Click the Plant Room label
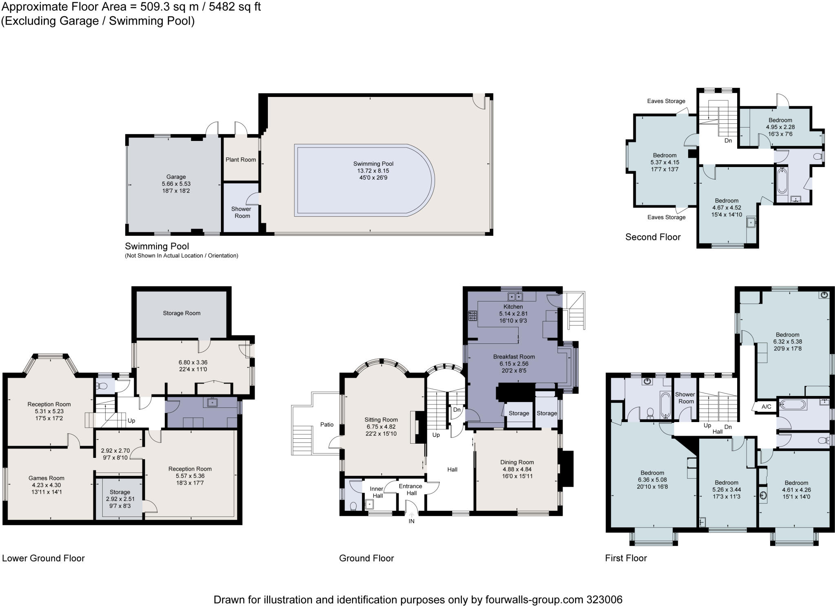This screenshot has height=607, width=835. (241, 160)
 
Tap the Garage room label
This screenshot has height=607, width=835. (176, 177)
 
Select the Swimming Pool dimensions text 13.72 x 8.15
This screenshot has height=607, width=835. (373, 171)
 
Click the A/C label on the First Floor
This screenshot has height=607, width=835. (766, 407)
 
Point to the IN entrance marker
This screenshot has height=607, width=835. (411, 521)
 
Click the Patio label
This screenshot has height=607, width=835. (327, 424)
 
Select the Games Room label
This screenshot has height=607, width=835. (46, 478)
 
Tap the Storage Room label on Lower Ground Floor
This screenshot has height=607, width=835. (181, 313)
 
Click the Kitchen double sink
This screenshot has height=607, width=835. (515, 296)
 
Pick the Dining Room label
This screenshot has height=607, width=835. (517, 462)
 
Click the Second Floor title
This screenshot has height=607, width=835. (653, 237)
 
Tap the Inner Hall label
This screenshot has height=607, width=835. (377, 492)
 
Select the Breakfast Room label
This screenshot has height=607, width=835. (514, 356)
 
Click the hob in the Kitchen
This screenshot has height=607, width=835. (473, 316)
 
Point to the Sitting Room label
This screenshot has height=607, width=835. (381, 420)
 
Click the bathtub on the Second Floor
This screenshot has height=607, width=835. (782, 181)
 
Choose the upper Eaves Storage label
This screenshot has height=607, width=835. (666, 101)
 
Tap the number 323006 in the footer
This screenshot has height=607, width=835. (604, 600)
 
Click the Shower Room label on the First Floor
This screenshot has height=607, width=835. (685, 398)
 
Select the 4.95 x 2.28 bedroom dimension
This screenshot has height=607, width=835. (780, 127)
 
